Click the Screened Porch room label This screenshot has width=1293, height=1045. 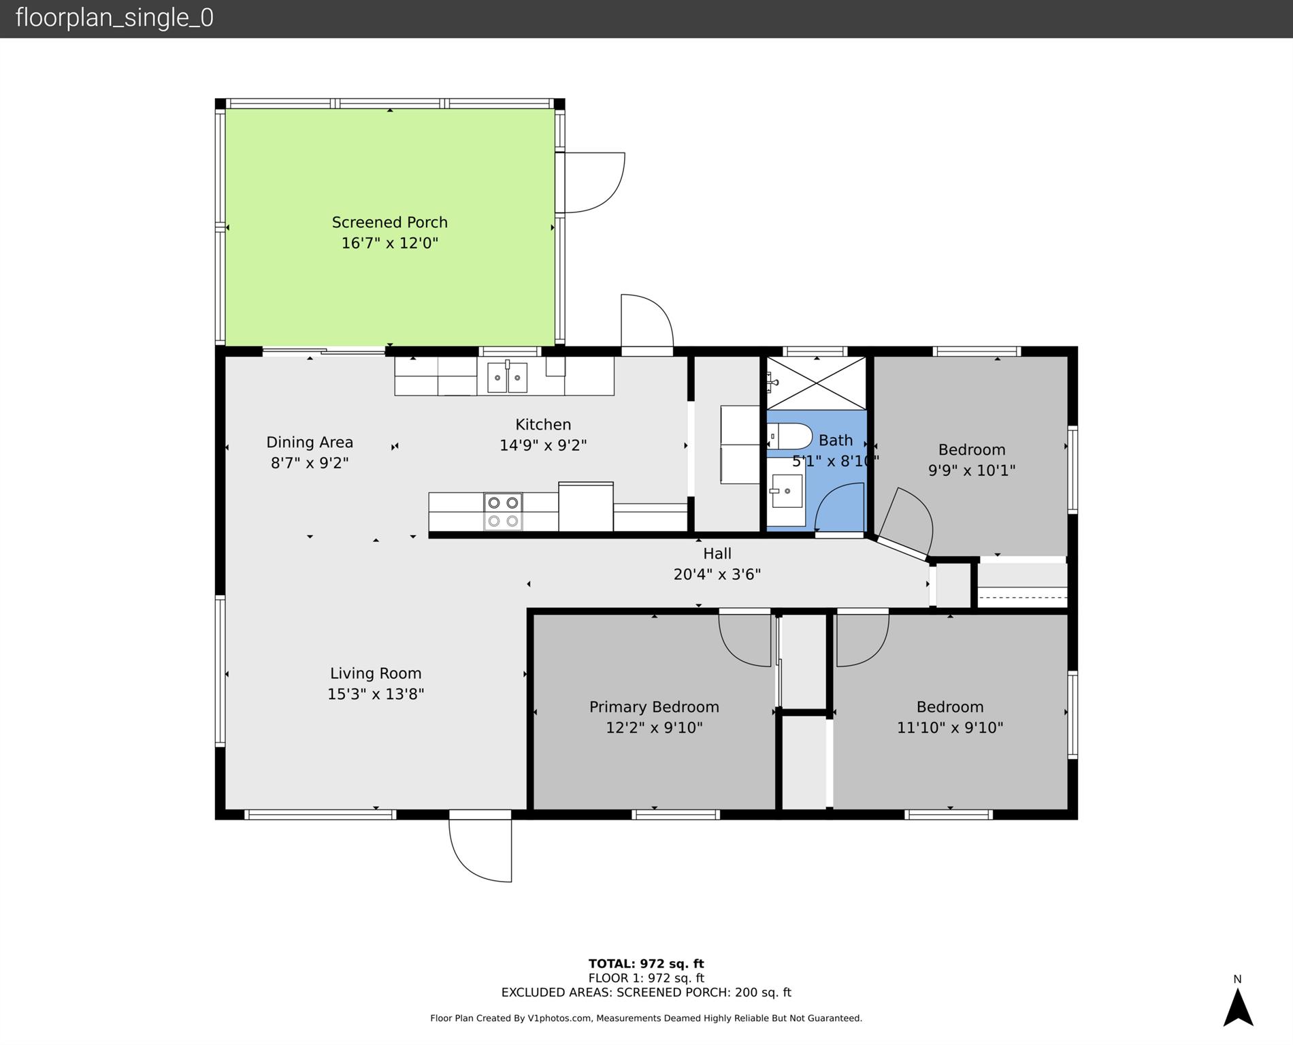tap(389, 223)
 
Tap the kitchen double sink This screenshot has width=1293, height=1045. tap(507, 376)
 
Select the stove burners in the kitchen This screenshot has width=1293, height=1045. tap(503, 512)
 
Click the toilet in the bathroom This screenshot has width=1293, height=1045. tap(789, 436)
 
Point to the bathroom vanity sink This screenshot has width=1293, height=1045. tap(787, 491)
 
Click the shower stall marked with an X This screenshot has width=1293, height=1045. tap(816, 383)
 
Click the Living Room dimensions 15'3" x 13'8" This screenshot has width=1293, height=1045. tap(376, 694)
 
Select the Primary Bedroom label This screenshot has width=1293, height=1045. tap(654, 707)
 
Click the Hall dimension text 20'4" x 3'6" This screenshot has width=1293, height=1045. tap(717, 575)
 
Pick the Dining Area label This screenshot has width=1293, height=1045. tap(310, 443)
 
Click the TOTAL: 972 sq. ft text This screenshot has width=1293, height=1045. tap(646, 964)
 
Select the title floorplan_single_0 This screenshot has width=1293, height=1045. tap(114, 18)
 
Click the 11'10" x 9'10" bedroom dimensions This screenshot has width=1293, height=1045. tap(950, 728)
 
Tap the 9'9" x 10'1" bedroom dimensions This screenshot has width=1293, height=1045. tap(972, 470)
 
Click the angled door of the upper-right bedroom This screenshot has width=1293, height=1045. tap(904, 523)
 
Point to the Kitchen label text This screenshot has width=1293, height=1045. tap(543, 425)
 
